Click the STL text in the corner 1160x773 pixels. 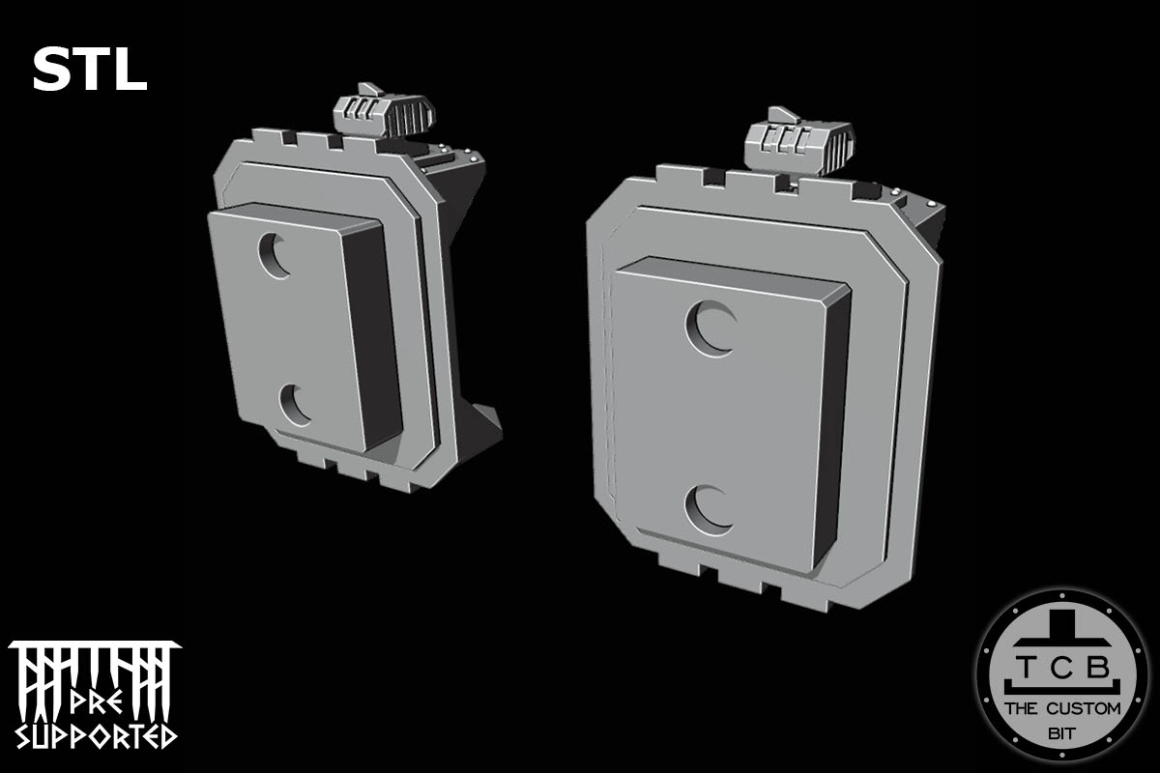coord(89,71)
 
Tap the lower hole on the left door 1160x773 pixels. coord(295,405)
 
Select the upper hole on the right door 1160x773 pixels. coord(710,329)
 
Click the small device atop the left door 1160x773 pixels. coord(381,115)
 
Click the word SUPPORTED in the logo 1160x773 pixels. coord(96,734)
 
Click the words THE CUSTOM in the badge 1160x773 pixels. coord(1062,708)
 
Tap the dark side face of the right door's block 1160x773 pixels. coord(835,425)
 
